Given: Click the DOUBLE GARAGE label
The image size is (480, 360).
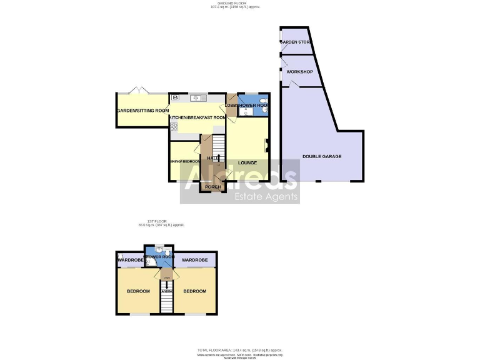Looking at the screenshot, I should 322,156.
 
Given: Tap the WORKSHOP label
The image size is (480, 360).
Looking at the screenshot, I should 299,72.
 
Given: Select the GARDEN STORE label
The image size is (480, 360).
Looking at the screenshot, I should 296,42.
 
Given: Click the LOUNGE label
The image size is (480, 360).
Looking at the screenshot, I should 247,163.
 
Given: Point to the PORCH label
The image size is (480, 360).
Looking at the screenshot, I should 213,187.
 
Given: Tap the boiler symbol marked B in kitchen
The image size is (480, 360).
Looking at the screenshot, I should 176,97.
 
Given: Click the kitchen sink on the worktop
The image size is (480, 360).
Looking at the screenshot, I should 199,98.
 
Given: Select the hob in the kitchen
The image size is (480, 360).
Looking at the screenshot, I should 174,127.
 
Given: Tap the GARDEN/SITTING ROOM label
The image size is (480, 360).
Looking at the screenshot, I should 142,111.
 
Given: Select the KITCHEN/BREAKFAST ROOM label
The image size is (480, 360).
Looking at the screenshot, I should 197,117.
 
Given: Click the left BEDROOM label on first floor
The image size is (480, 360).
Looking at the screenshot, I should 138,291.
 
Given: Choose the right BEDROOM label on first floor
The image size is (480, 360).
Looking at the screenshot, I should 194,291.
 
